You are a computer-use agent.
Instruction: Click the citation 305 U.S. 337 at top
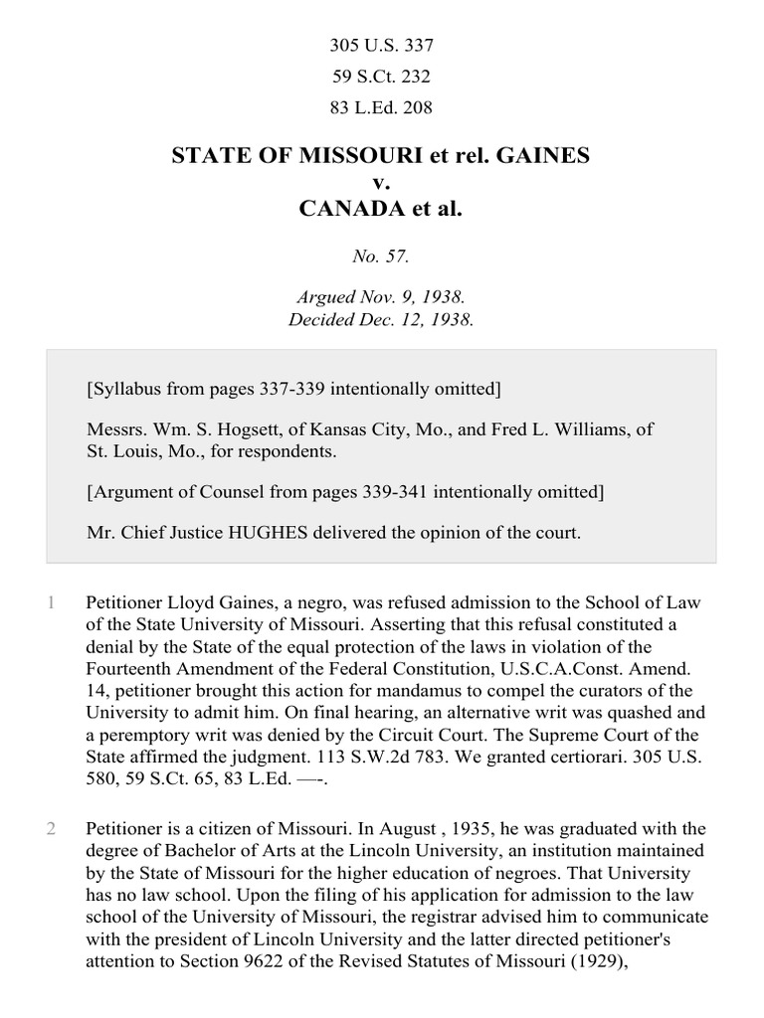pos(382,45)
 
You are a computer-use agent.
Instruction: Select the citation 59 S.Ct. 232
pos(382,76)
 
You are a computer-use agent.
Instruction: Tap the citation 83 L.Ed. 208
pos(382,106)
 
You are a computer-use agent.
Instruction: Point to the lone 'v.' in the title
pos(382,183)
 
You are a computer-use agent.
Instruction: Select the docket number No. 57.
pos(382,255)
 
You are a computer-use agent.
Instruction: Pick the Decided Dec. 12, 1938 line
pos(382,320)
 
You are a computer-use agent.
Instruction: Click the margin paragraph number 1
pos(50,602)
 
